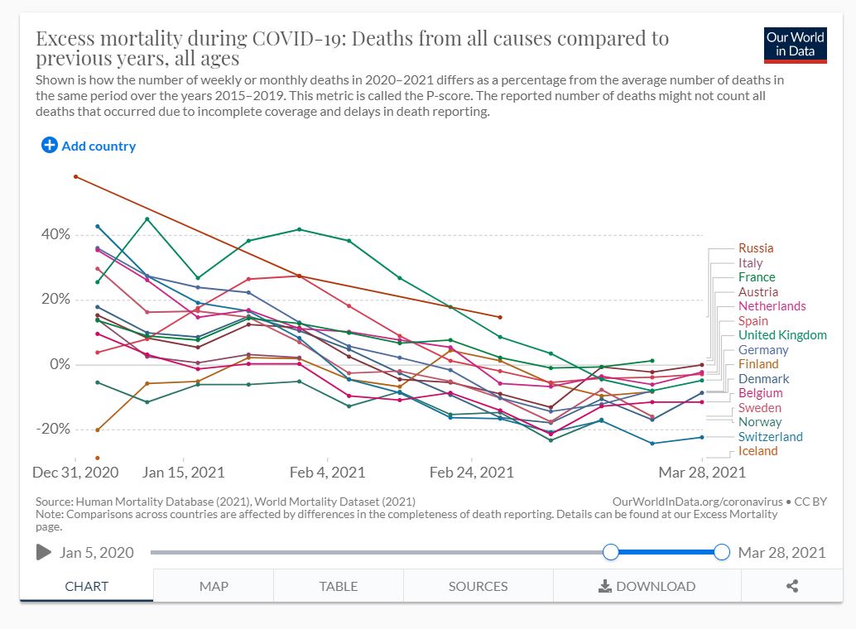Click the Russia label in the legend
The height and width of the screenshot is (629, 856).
click(x=756, y=248)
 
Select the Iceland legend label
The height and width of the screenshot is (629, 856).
click(x=757, y=451)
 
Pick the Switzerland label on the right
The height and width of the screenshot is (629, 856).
click(x=770, y=437)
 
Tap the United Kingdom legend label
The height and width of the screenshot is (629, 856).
click(x=782, y=335)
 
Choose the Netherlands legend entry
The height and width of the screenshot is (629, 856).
click(x=772, y=306)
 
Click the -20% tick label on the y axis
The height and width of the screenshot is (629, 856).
click(x=51, y=429)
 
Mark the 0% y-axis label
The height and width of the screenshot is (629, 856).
click(x=59, y=364)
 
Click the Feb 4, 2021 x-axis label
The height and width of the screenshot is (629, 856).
click(x=327, y=473)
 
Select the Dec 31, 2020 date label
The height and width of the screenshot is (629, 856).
click(x=75, y=473)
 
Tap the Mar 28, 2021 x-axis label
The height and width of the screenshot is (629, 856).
click(x=702, y=473)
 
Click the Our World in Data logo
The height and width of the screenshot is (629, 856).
click(x=796, y=45)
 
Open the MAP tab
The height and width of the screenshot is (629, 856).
click(x=214, y=586)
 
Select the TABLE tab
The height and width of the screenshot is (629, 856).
click(x=339, y=586)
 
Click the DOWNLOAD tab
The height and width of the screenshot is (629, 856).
click(x=647, y=586)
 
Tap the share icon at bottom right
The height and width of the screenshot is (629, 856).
click(x=792, y=586)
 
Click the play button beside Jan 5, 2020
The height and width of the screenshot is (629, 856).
click(x=44, y=552)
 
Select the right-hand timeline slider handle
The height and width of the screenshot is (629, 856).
click(x=721, y=552)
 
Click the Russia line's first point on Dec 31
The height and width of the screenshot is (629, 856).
click(x=75, y=176)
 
